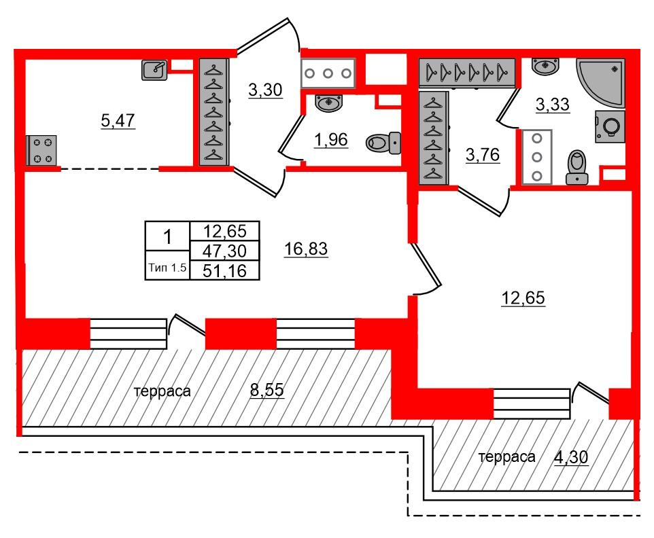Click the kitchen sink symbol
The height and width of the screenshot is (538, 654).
(x=154, y=69)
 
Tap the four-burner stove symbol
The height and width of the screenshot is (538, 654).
(x=41, y=150)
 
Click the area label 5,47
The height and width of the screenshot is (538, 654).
(x=118, y=121)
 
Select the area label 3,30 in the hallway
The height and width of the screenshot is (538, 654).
(x=265, y=90)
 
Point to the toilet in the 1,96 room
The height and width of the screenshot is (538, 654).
(x=383, y=143)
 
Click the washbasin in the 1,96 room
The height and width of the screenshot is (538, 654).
(x=328, y=103)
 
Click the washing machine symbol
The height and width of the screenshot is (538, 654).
(x=610, y=126)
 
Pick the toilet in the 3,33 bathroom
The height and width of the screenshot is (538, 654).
(x=576, y=168)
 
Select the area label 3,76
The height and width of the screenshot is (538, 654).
(x=483, y=156)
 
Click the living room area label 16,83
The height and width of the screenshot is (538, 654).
(x=306, y=249)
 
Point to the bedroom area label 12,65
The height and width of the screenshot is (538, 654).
(x=523, y=298)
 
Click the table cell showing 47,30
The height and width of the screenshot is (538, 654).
(x=224, y=251)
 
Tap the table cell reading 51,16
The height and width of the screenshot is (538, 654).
(x=224, y=271)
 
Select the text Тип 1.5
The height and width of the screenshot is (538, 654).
(x=167, y=267)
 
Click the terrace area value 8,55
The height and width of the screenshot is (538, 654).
(x=267, y=390)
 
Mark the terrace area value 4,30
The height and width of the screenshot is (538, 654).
(x=571, y=458)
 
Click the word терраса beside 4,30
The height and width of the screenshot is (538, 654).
(x=506, y=458)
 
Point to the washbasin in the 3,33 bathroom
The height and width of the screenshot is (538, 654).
(x=545, y=67)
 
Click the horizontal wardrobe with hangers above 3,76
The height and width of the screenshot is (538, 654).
(x=467, y=73)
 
